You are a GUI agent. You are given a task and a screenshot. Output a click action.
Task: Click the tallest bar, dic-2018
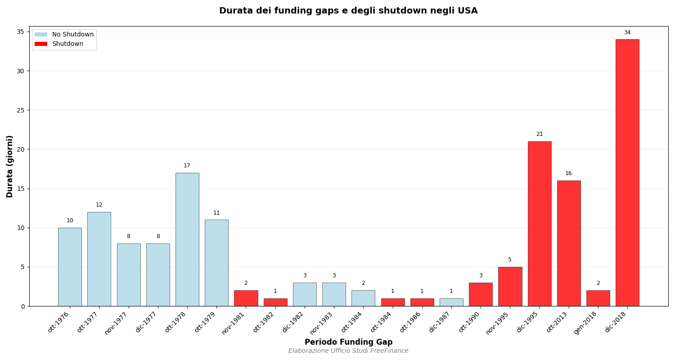(x=627, y=173)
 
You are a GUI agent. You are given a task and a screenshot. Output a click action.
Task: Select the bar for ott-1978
(x=187, y=239)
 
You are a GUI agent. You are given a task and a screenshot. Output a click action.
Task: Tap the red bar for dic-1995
(x=539, y=224)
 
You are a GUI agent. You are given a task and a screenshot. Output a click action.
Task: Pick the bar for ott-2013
(x=568, y=243)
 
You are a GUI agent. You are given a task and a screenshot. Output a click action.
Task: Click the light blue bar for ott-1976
(x=70, y=267)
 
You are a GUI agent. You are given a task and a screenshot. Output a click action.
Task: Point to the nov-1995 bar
(x=510, y=287)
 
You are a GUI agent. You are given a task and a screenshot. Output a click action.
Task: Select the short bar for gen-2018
(x=598, y=298)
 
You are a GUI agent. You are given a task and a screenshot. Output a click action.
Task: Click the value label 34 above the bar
(x=627, y=32)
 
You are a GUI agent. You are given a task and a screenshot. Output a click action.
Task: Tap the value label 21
(x=539, y=134)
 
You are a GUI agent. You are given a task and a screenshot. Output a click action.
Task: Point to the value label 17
(x=187, y=166)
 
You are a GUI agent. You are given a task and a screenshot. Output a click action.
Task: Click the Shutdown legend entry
(x=67, y=44)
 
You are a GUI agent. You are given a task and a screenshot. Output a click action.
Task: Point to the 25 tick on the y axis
(x=21, y=110)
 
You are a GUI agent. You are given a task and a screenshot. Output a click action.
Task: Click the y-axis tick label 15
(x=21, y=189)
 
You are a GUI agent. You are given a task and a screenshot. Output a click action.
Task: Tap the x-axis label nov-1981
(x=233, y=323)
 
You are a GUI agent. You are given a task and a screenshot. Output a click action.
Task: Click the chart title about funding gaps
(x=348, y=11)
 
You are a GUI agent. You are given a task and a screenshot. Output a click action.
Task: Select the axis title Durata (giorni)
(x=10, y=166)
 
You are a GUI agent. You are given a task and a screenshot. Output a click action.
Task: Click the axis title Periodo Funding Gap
(x=348, y=342)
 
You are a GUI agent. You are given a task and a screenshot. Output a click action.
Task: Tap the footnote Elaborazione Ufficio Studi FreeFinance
(x=348, y=351)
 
